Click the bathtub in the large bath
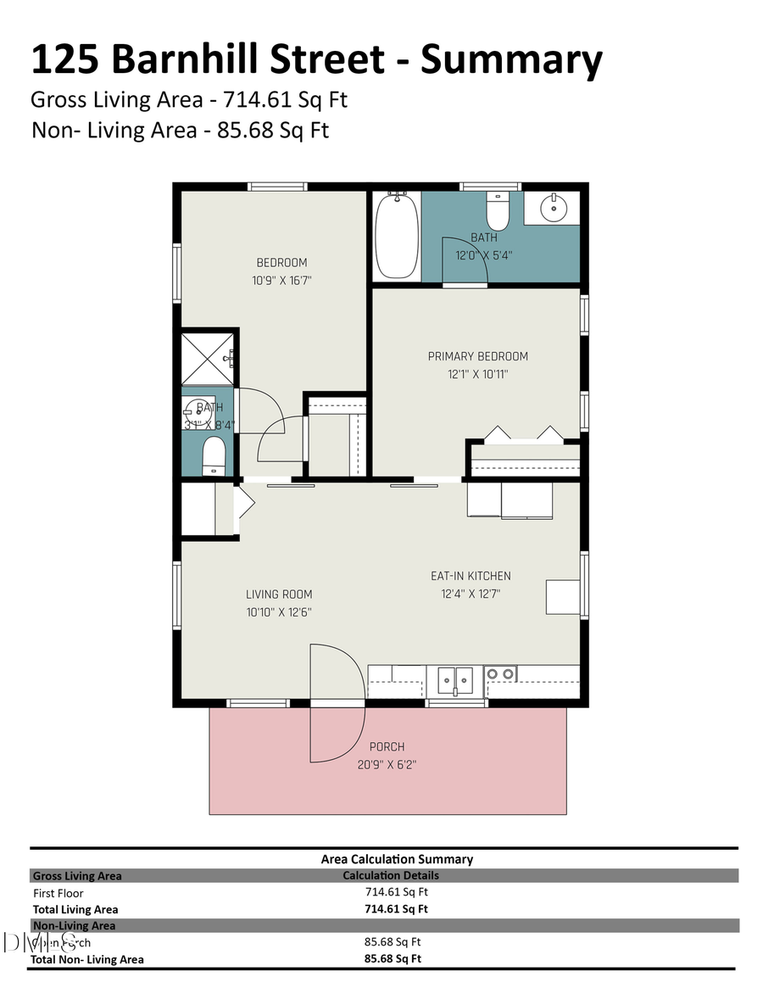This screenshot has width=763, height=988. coord(397,236)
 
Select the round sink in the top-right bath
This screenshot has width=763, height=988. coord(552,205)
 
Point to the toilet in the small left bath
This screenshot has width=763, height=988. coord(214,455)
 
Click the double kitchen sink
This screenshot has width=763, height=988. coord(455,680)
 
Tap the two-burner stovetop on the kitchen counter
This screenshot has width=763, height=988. coord(500,674)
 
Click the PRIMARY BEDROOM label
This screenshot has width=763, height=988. coord(477,356)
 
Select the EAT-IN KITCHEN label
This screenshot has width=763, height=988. coord(471,576)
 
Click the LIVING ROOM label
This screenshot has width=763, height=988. coord(279,594)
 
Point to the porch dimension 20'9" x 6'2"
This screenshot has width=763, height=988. coord(387,765)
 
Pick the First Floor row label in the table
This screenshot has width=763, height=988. coord(58,893)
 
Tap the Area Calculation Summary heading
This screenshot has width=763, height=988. coord(397,859)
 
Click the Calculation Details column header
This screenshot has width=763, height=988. coord(391,875)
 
